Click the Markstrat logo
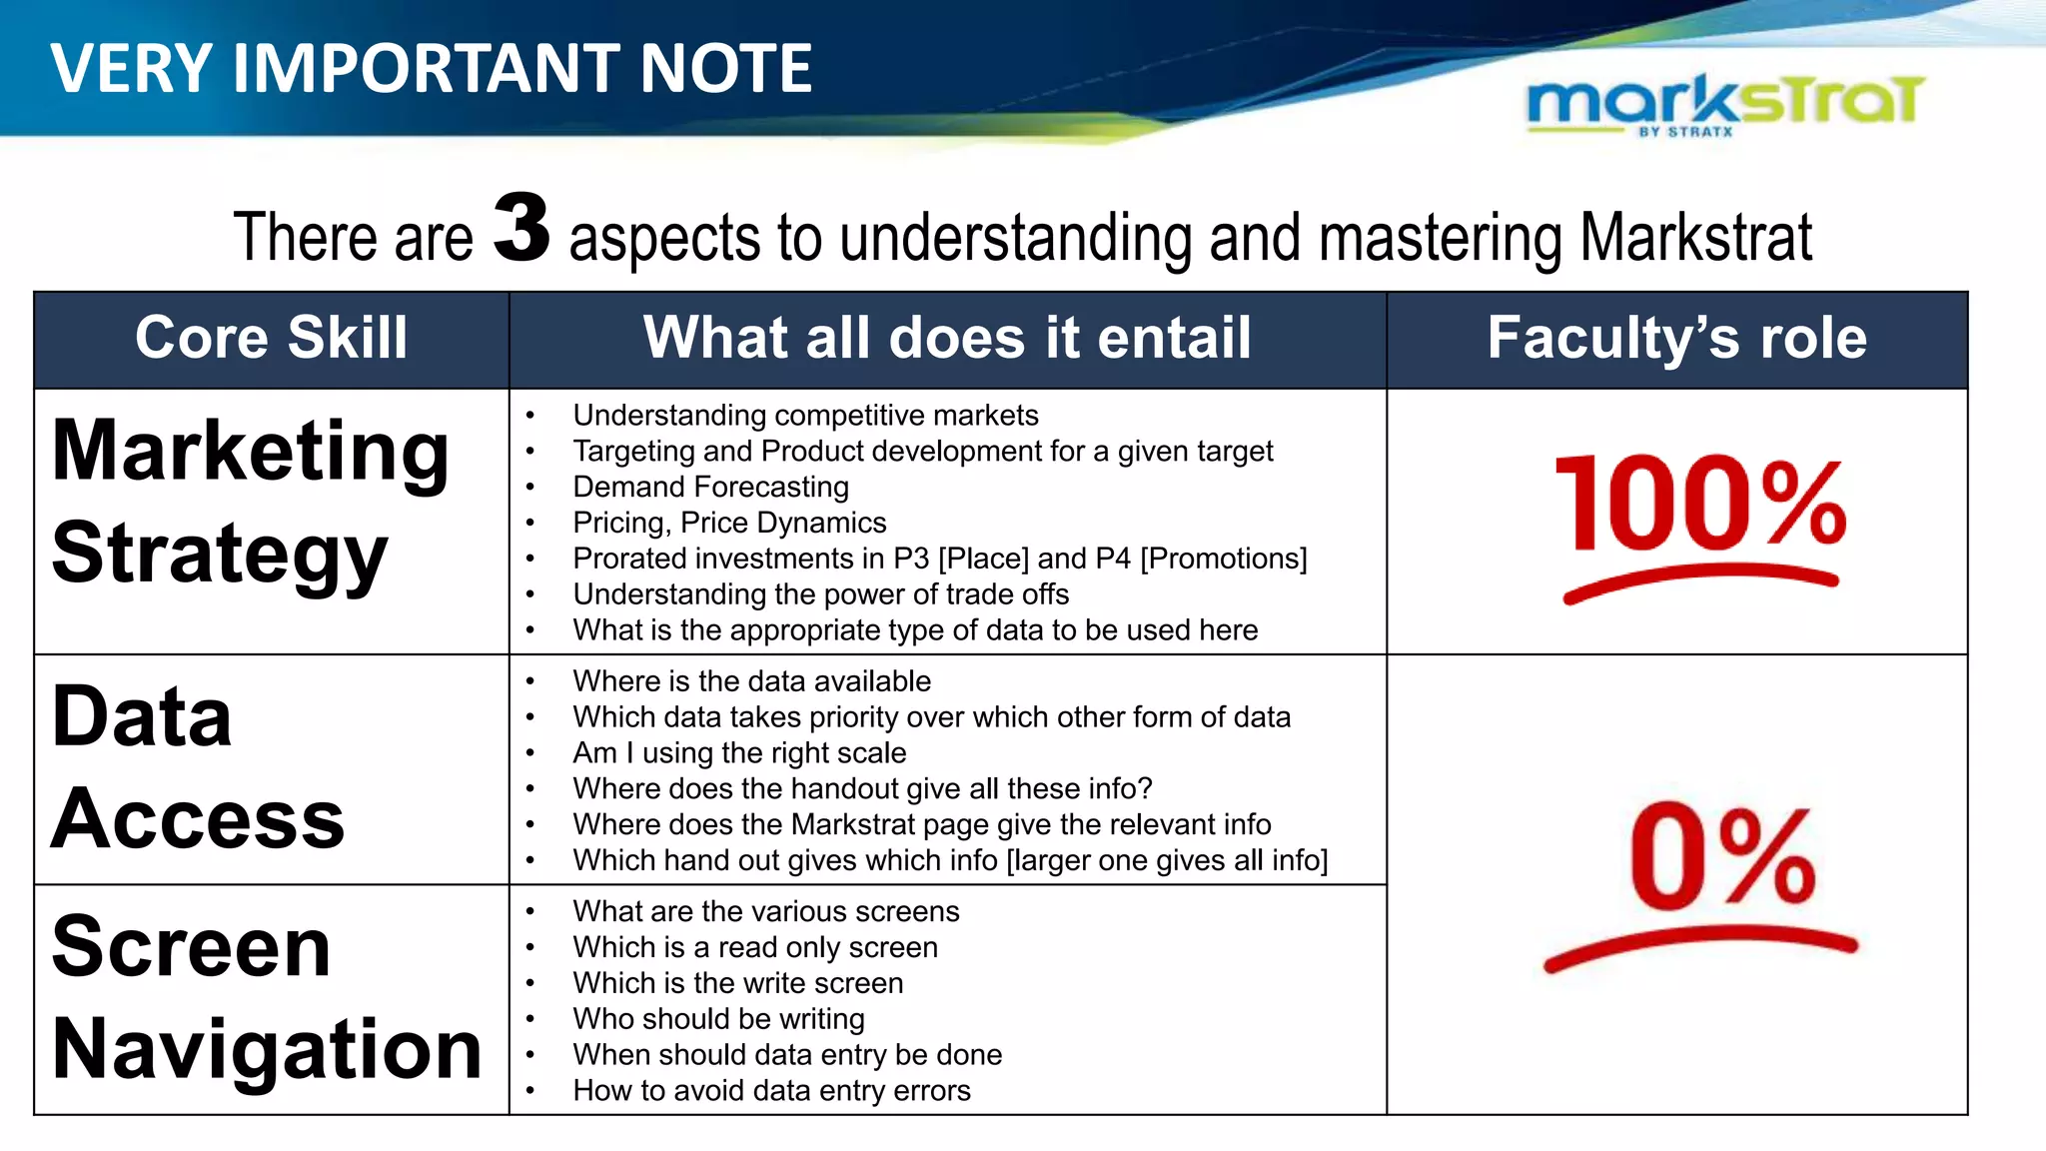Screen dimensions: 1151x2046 point(1725,103)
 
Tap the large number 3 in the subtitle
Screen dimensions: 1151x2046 point(521,229)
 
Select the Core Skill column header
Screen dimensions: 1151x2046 point(271,338)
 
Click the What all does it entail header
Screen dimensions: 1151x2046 point(947,338)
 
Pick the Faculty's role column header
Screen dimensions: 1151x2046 point(1676,338)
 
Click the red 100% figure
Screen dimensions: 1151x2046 point(1701,502)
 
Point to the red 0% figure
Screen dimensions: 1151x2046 point(1720,856)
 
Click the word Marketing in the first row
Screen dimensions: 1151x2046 point(250,452)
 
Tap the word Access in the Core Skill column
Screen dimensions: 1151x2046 point(198,819)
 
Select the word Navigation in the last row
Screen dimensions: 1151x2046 point(267,1049)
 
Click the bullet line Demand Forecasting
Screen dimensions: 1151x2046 point(710,487)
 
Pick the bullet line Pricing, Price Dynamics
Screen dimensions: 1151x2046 point(729,523)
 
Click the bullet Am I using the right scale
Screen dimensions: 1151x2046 point(739,752)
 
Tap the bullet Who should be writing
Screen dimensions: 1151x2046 point(718,1019)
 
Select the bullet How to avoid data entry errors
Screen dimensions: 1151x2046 point(771,1090)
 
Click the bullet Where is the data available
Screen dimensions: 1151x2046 point(751,681)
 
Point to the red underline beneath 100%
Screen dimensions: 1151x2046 point(1700,580)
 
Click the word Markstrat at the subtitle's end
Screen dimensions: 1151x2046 point(1695,238)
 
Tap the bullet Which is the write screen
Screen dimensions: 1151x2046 point(737,983)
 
